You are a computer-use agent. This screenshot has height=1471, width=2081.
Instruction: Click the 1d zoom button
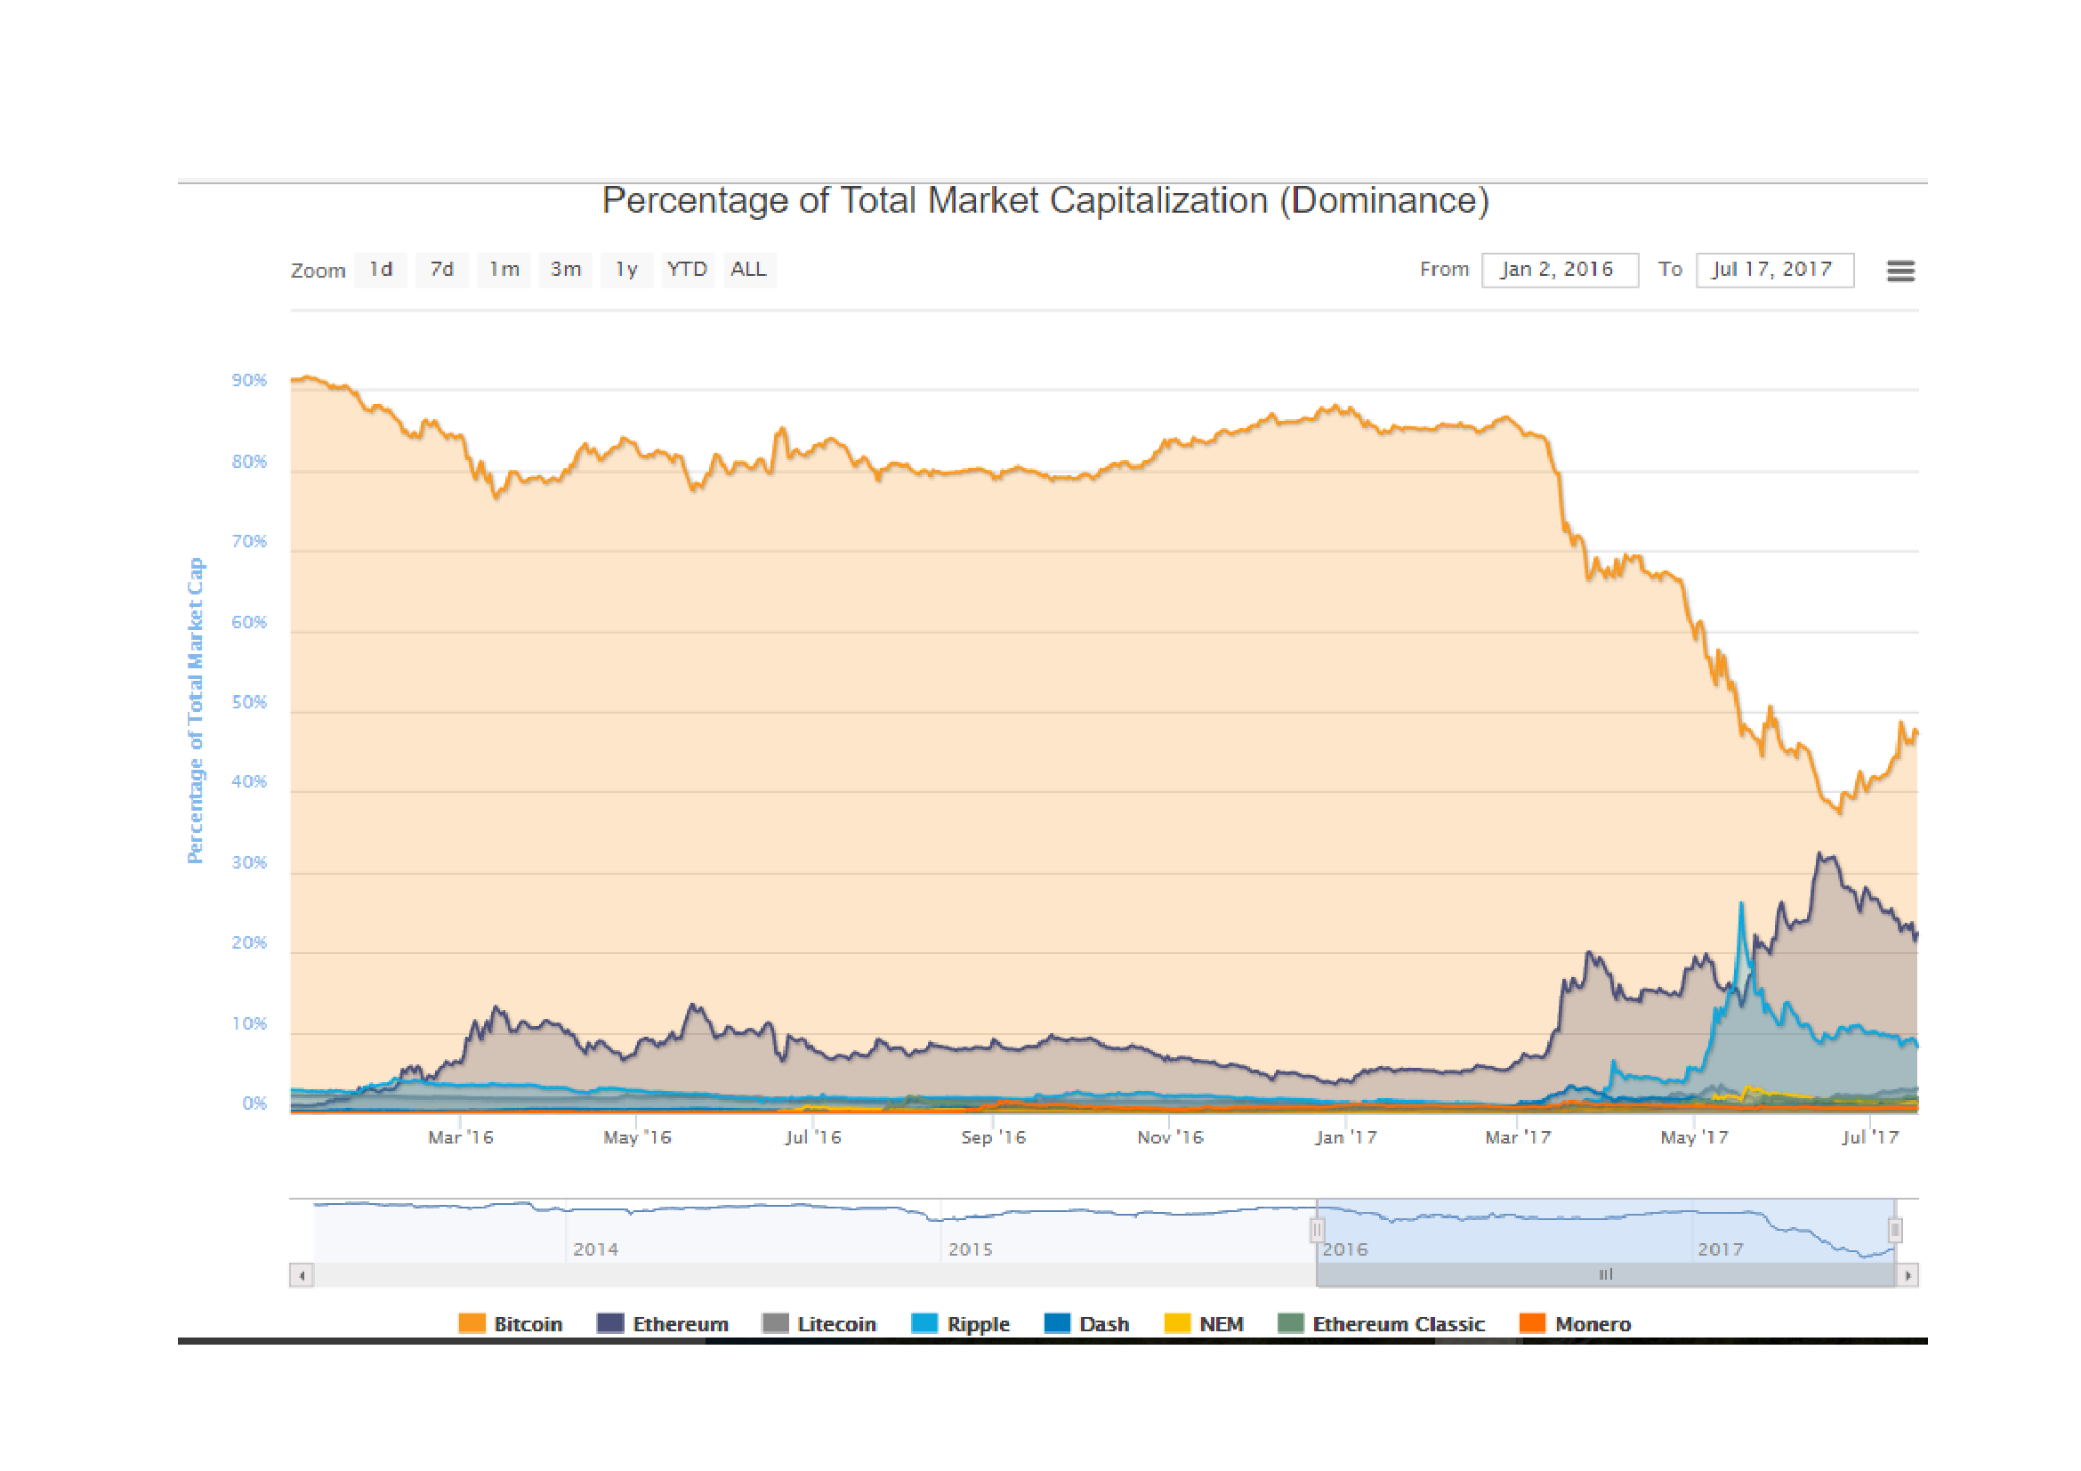[381, 269]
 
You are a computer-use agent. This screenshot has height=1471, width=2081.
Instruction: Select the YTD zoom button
[687, 269]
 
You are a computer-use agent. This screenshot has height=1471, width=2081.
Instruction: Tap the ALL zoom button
[748, 269]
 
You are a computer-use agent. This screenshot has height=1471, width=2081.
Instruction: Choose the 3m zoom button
[566, 269]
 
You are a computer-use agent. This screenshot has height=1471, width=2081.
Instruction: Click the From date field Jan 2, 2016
[1559, 269]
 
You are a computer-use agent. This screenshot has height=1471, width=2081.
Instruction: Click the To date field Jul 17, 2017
[1774, 269]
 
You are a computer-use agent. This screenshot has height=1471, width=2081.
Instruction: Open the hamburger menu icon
[1900, 271]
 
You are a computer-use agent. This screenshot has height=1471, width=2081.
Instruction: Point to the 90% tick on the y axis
[249, 380]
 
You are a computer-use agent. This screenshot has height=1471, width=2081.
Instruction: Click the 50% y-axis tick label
[249, 702]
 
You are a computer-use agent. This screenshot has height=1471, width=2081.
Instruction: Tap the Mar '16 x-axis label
[461, 1136]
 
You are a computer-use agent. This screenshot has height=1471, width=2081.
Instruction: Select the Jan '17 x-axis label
[1346, 1136]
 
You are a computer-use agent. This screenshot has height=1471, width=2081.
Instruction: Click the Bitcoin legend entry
[512, 1324]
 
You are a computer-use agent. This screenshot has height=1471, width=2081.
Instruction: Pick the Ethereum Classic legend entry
[1382, 1324]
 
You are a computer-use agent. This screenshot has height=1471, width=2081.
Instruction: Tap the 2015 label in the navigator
[970, 1249]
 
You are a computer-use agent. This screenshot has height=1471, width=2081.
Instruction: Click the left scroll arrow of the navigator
[301, 1275]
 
